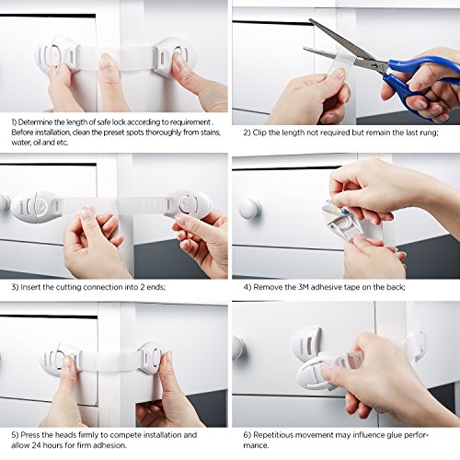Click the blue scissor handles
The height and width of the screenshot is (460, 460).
(420, 83)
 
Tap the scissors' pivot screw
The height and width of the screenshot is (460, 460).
(374, 65)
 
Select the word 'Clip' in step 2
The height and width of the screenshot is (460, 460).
(259, 132)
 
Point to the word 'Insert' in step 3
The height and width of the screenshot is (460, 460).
(30, 287)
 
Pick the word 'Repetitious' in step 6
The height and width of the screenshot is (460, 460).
(273, 435)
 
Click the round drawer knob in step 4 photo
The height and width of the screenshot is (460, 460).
(250, 209)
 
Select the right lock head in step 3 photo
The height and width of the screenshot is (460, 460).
(188, 204)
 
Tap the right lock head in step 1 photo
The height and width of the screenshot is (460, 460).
(174, 57)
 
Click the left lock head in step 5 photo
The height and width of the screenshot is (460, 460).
(60, 359)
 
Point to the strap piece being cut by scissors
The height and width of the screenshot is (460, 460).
(340, 67)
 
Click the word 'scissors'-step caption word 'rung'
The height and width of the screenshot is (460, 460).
(430, 133)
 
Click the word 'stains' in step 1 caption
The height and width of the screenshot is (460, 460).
(211, 132)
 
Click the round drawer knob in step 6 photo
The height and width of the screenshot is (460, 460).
(239, 348)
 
